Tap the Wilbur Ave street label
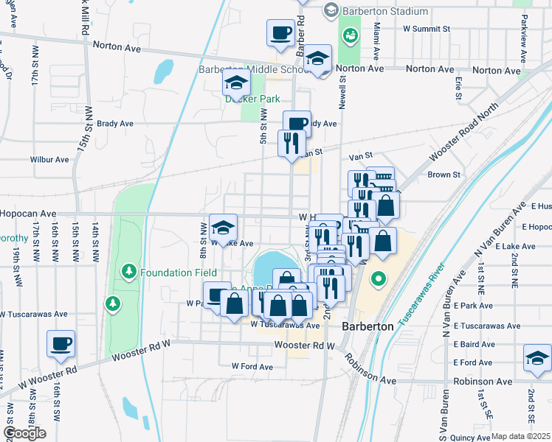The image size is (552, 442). [49, 159]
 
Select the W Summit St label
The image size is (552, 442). [427, 29]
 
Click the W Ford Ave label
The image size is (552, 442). [252, 366]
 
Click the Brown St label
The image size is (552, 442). [444, 175]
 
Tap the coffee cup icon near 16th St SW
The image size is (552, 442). [61, 343]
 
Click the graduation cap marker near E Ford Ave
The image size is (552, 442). [537, 359]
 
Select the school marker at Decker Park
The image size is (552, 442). [236, 83]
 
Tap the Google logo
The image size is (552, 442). [25, 433]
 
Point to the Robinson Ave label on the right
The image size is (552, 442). [483, 382]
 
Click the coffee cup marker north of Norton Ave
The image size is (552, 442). [281, 32]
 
